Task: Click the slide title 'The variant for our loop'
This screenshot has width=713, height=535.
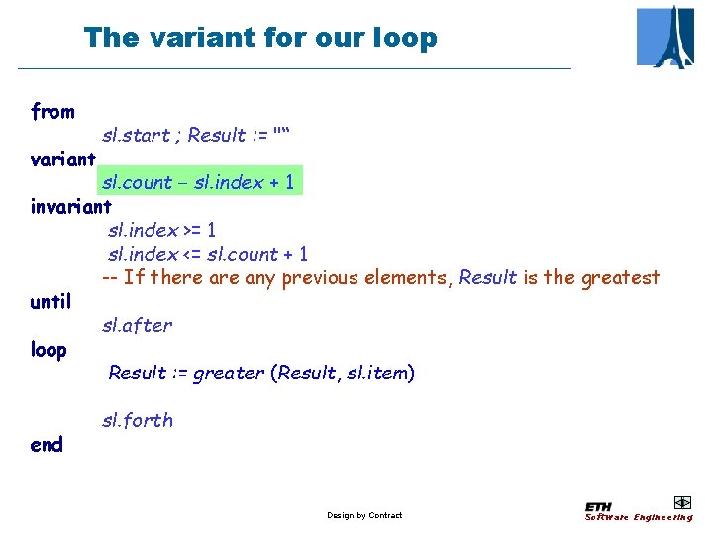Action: click(260, 38)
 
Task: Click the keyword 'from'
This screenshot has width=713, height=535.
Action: click(52, 111)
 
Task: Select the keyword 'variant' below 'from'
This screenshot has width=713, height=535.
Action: click(63, 159)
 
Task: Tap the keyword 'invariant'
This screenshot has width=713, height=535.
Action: click(70, 206)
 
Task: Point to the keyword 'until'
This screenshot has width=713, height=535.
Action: click(51, 301)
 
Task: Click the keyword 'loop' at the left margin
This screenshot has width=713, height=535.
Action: click(49, 349)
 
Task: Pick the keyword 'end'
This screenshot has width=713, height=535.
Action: click(47, 444)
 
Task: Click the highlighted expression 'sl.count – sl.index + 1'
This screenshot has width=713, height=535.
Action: click(198, 182)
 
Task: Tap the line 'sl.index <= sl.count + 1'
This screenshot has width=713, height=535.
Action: click(207, 254)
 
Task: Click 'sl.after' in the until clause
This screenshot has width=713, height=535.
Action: click(137, 325)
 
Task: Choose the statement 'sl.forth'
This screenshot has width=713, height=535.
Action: click(137, 420)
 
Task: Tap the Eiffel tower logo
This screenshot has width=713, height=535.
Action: click(664, 37)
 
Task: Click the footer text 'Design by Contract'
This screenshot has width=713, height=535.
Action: click(364, 515)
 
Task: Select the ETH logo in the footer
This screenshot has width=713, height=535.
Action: click(600, 506)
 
